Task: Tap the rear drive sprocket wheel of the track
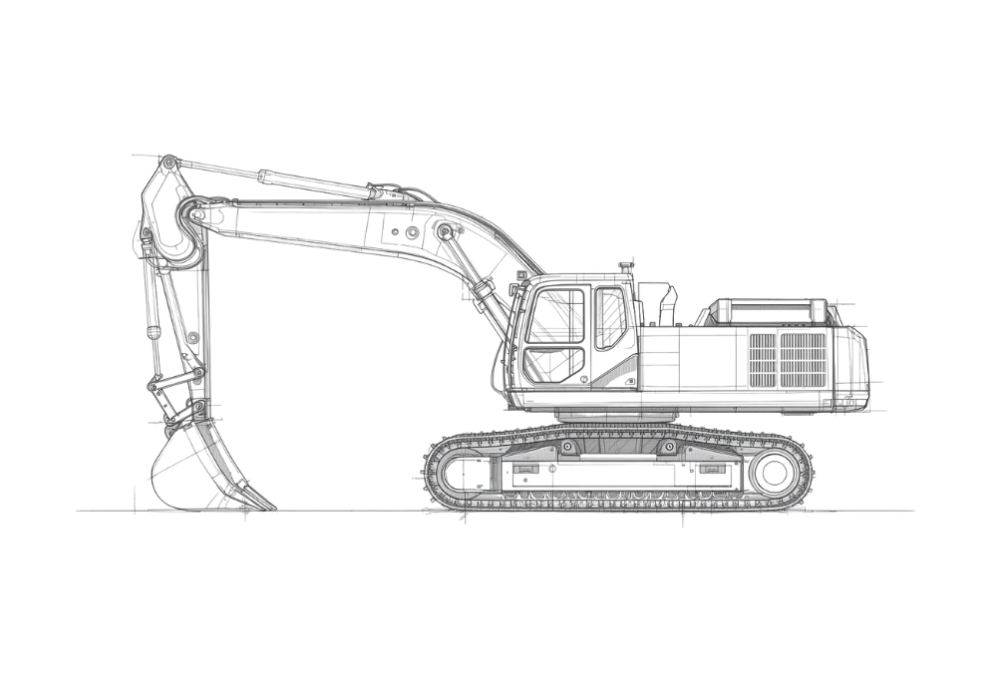775,470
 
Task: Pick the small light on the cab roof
625,267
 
